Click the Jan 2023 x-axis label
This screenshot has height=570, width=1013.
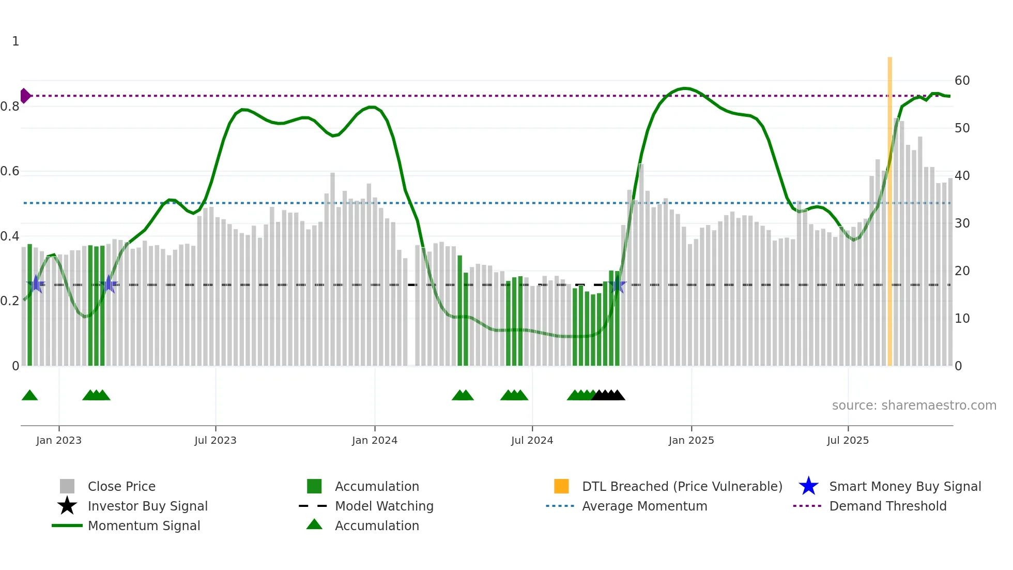59,440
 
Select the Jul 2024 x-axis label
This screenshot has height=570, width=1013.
532,440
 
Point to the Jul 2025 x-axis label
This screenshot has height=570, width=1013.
848,440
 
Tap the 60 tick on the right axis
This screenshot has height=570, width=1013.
962,81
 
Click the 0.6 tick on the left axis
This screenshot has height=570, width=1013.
10,171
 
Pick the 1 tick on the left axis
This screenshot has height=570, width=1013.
16,41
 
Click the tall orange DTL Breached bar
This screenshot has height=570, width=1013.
889,207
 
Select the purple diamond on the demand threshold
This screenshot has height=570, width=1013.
25,96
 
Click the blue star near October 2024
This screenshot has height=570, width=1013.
618,284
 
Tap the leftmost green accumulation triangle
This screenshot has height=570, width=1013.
29,396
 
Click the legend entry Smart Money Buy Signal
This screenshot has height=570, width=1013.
904,487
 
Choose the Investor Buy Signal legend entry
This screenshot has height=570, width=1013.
147,506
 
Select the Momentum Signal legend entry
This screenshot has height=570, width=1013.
144,526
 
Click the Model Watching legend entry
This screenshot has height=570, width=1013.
383,506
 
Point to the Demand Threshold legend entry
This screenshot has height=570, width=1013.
887,506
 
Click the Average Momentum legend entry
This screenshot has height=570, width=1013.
644,506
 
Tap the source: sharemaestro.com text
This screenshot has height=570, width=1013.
914,406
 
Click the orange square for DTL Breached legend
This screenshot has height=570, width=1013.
561,487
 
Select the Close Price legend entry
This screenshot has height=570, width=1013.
121,487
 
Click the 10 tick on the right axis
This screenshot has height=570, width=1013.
962,319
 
